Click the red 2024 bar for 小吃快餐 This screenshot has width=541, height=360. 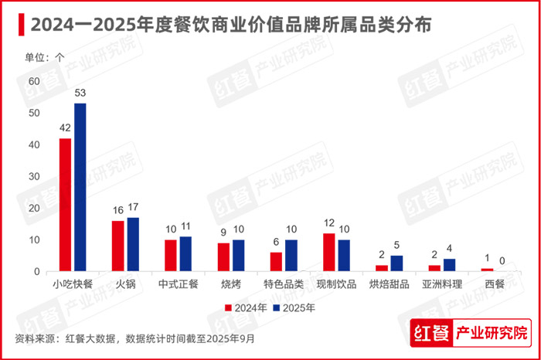click(x=66, y=205)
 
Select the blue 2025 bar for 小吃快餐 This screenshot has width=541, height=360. click(x=80, y=187)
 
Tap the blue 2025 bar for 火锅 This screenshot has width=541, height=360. click(x=133, y=244)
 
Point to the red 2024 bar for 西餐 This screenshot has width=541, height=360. click(x=487, y=270)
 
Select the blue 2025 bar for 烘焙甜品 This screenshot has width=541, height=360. click(x=396, y=263)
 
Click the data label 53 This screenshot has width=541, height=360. click(x=80, y=93)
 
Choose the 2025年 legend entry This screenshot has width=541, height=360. click(x=294, y=307)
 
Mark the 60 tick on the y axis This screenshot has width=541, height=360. click(x=33, y=81)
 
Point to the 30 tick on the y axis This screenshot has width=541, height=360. click(x=33, y=176)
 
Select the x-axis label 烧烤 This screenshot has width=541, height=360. click(x=230, y=283)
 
